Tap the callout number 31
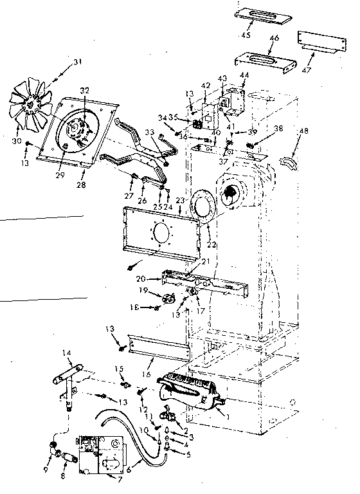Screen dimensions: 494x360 pos(78,62)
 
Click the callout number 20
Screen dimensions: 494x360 pos(142,279)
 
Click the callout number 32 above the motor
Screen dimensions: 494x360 pos(84,90)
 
